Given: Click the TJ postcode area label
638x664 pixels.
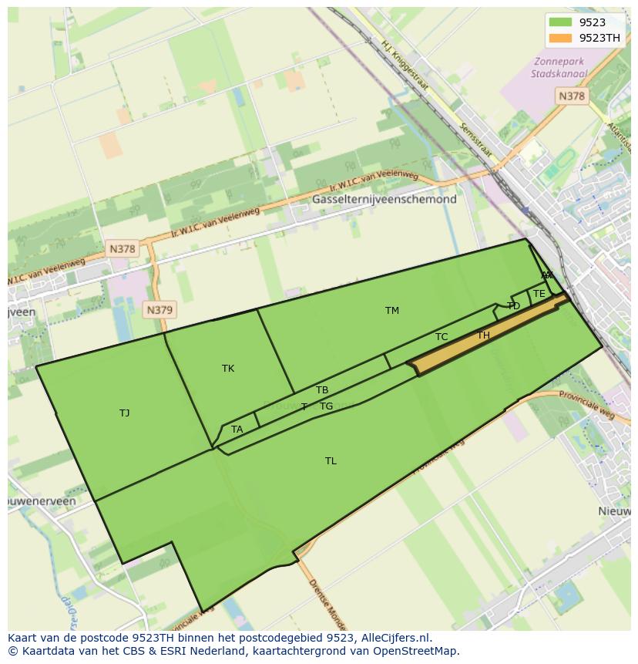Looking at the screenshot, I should [x=124, y=413].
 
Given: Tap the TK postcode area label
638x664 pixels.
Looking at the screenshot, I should [x=228, y=369].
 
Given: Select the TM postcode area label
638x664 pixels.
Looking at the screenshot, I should [x=392, y=311].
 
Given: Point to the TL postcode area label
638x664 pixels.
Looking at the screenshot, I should [x=331, y=461].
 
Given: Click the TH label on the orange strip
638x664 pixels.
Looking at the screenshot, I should [x=483, y=335].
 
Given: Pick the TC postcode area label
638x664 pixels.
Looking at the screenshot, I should [x=442, y=337].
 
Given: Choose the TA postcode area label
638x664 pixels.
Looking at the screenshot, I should [x=237, y=430].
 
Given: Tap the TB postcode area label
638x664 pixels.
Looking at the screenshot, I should [x=322, y=390].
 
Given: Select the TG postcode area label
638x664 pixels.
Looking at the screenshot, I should [x=327, y=406].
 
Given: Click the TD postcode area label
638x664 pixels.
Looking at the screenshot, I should [x=514, y=306].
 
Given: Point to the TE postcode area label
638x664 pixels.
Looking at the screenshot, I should [x=539, y=294].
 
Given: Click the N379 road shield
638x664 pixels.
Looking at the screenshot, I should [x=159, y=310].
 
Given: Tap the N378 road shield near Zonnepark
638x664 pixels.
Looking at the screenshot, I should [x=571, y=96].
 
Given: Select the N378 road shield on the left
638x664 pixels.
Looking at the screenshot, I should [x=122, y=248].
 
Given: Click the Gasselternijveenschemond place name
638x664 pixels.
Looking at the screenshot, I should [x=384, y=199].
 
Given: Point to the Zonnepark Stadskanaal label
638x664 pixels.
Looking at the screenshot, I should [x=559, y=68].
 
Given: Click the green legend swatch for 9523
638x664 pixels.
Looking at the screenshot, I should [x=560, y=22].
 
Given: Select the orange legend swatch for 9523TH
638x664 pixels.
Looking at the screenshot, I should [x=560, y=38].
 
